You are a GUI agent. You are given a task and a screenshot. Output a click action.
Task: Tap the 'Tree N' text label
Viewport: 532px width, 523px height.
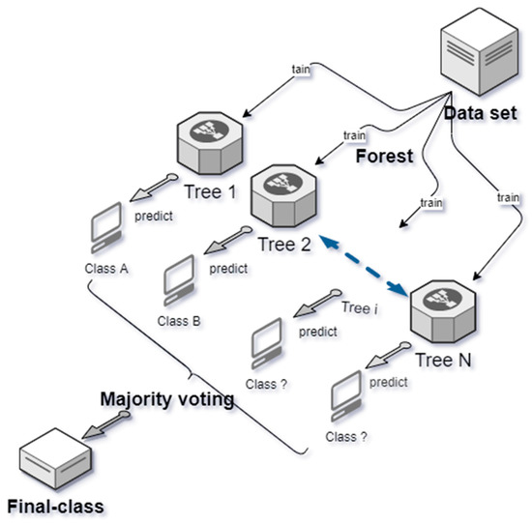444,360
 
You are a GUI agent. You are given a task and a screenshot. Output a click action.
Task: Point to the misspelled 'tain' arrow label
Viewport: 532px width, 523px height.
303,70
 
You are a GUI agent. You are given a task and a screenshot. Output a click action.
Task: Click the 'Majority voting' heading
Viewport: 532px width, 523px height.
169,397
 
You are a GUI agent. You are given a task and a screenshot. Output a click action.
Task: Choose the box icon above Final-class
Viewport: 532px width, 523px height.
48,455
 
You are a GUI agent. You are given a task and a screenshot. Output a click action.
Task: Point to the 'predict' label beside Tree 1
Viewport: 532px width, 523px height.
155,218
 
